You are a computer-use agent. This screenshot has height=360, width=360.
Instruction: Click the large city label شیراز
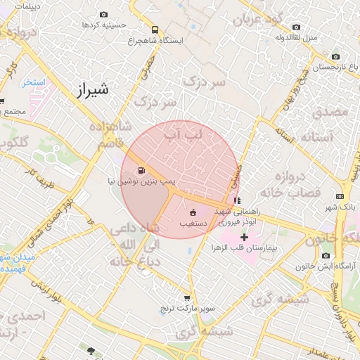click(x=92, y=90)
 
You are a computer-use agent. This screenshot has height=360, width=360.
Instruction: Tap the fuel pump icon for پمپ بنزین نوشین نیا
click(x=141, y=169)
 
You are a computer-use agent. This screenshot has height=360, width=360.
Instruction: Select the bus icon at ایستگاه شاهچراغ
click(x=154, y=30)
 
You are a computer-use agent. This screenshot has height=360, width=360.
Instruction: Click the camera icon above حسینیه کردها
click(x=104, y=14)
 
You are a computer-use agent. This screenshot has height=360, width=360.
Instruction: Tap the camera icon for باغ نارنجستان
click(x=335, y=57)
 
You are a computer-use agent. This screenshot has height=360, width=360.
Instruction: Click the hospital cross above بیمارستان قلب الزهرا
click(x=244, y=238)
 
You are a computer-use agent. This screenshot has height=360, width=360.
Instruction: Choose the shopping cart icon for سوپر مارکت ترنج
click(x=186, y=298)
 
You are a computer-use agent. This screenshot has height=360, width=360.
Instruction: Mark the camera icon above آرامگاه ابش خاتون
click(x=325, y=256)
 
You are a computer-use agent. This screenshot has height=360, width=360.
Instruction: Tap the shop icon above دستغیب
click(x=193, y=212)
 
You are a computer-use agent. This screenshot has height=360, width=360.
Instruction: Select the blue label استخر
click(x=33, y=82)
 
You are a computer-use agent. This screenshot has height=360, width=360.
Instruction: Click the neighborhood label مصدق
click(x=330, y=111)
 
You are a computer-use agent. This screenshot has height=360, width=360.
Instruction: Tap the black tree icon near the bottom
click(x=90, y=349)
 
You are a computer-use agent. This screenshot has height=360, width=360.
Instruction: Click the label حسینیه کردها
click(x=104, y=25)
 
